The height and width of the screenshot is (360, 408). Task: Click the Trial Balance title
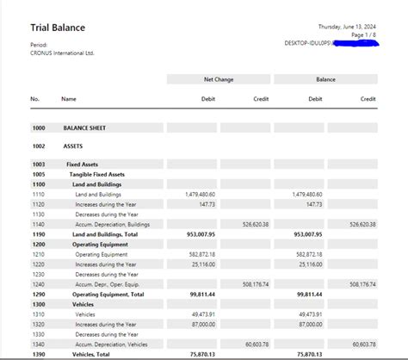pyautogui.click(x=58, y=28)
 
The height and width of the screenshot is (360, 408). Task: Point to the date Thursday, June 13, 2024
pyautogui.click(x=347, y=26)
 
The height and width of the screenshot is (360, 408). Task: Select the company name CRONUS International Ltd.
pyautogui.click(x=62, y=53)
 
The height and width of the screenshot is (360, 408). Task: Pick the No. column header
pyautogui.click(x=35, y=99)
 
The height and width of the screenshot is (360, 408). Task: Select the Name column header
pyautogui.click(x=69, y=99)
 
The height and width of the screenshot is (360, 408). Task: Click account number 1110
pyautogui.click(x=39, y=194)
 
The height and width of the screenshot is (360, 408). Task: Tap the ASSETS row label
pyautogui.click(x=73, y=146)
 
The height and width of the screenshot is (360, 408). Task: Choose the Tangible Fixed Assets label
pyautogui.click(x=97, y=174)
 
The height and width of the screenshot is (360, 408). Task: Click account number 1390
pyautogui.click(x=39, y=354)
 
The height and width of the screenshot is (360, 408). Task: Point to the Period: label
pyautogui.click(x=40, y=45)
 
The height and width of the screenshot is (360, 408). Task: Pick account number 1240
pyautogui.click(x=39, y=283)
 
